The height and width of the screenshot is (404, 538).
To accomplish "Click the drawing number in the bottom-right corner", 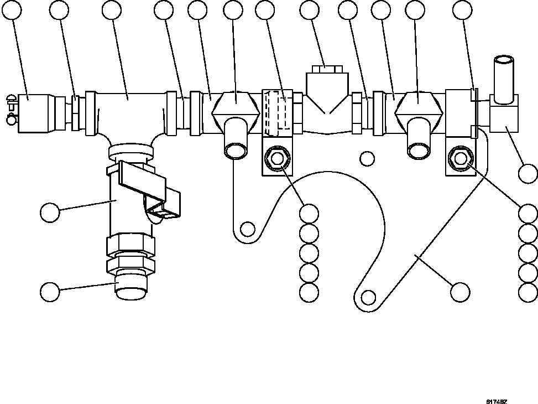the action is tap(497, 402).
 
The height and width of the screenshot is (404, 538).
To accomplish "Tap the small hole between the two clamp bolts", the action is tap(367, 159).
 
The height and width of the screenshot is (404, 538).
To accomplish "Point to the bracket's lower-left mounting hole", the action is tap(248, 228).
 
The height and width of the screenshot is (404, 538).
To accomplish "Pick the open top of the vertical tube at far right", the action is tap(504, 60).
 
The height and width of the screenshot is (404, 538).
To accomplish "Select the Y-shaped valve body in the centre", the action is tap(328, 102).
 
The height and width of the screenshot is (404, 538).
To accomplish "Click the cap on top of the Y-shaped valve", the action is tap(328, 69).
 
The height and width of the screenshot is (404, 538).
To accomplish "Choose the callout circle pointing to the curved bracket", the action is tap(460, 292).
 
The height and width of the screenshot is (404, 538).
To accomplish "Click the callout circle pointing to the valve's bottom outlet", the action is tap(50, 292).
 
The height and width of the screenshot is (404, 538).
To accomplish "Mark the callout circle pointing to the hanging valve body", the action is tap(50, 212).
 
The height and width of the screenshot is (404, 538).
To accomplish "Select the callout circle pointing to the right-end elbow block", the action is tap(528, 174).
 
